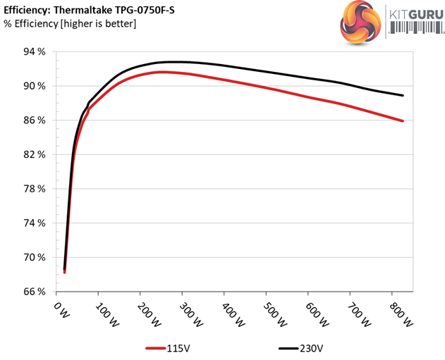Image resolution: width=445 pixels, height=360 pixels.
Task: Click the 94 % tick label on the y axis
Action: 34,52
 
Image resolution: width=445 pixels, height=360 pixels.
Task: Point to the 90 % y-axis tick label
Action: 34,86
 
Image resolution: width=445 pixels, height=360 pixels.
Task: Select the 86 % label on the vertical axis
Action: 34,120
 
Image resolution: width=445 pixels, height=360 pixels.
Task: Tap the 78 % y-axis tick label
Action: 34,189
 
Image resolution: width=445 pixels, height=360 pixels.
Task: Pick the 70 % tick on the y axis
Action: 34,257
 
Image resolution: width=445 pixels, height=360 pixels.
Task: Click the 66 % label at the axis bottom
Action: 34,291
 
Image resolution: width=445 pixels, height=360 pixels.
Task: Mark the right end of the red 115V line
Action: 403,121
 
